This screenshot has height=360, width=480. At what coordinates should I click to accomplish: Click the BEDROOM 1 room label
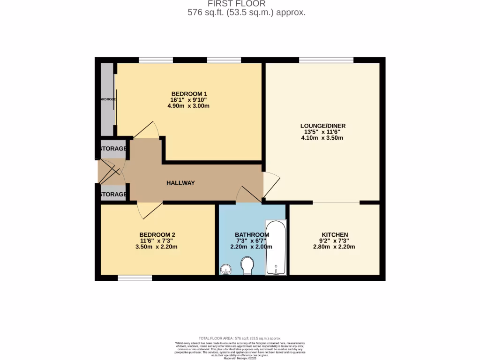pyautogui.click(x=188, y=93)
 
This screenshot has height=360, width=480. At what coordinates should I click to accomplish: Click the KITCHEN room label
pyautogui.click(x=334, y=235)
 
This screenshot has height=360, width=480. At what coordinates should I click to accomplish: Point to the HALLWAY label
pyautogui.click(x=180, y=183)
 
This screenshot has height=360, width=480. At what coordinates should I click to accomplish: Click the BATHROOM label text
pyautogui.click(x=252, y=235)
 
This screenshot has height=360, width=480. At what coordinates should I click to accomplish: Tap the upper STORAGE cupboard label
pyautogui.click(x=113, y=149)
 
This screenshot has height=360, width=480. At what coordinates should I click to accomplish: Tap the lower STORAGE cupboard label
pyautogui.click(x=113, y=194)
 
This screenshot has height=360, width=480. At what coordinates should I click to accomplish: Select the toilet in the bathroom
pyautogui.click(x=247, y=266)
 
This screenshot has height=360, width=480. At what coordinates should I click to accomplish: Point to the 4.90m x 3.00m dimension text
pyautogui.click(x=188, y=106)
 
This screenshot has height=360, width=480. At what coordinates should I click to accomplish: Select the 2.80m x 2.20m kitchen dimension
pyautogui.click(x=334, y=247)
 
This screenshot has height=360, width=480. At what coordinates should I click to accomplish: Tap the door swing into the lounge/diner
pyautogui.click(x=271, y=184)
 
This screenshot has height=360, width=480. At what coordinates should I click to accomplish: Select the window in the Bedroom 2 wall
pyautogui.click(x=135, y=278)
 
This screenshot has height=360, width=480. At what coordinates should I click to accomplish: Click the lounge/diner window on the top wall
pyautogui.click(x=326, y=60)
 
